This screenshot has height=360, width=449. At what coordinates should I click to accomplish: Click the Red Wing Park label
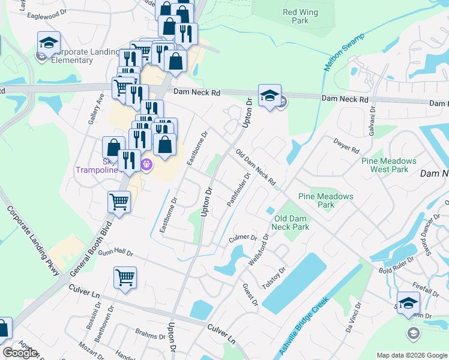pos(295,16)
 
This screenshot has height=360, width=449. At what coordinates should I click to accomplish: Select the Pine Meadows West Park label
pos(389,165)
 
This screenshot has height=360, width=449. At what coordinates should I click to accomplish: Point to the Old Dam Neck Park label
pos(291,223)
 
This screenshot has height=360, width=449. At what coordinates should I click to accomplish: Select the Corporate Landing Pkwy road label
pos(33,241)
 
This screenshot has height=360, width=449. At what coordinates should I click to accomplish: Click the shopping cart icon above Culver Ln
pos(125,278)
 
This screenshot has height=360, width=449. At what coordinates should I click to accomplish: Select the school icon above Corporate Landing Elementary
pos(49,42)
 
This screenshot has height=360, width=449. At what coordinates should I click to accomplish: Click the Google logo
pos(20,353)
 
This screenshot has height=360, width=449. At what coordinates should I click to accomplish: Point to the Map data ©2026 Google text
pos(411,355)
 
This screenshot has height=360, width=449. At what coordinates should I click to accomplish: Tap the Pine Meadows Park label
pos(325,200)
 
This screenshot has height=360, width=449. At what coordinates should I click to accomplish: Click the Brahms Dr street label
pos(149,337)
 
